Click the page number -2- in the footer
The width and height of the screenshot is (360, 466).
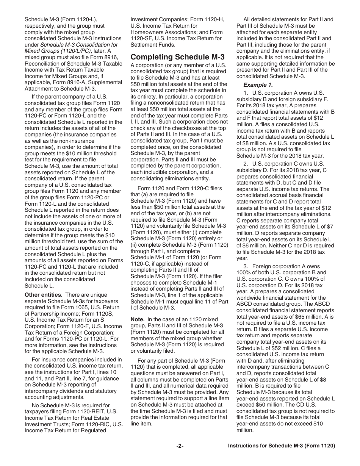[180, 446]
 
